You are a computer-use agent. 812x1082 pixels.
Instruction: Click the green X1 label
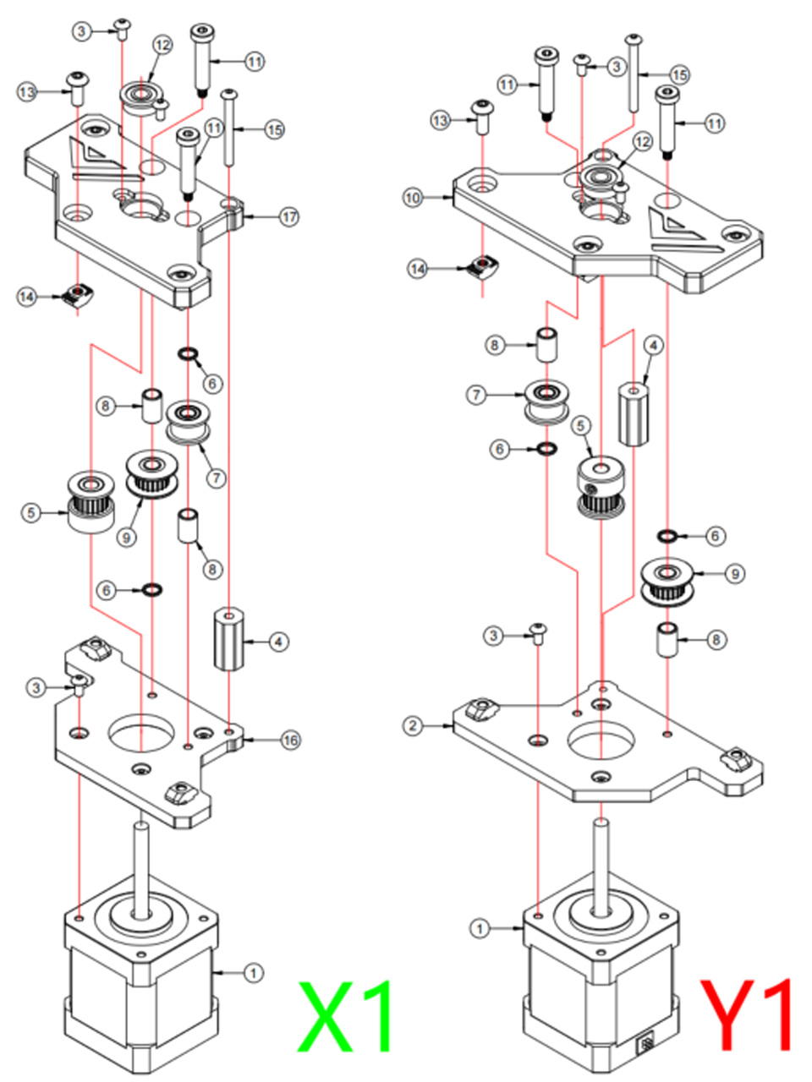coord(345,1016)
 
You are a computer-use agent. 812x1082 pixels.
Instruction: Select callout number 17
coord(289,217)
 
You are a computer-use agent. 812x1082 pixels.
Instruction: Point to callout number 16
coord(290,740)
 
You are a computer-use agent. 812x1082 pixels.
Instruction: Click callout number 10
coord(413,198)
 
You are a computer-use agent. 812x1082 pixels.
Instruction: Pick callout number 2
coord(413,725)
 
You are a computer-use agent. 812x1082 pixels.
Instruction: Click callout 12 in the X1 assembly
coord(162,45)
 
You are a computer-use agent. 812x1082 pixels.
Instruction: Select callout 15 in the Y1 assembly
coord(680,75)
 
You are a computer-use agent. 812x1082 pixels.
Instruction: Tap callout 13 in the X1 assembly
coord(28,91)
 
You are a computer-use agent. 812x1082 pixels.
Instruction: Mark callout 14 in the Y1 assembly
coord(418,269)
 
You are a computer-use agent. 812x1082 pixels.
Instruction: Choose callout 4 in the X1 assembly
coord(279,642)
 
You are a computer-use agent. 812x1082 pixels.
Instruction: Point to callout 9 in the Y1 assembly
coord(735,574)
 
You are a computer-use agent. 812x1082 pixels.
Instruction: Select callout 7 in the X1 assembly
coord(216,478)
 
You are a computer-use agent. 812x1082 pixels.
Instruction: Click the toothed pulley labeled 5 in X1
coord(91,502)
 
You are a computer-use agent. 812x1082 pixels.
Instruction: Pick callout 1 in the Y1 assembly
coord(480,929)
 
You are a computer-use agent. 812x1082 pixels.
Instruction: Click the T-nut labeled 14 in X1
coord(79,294)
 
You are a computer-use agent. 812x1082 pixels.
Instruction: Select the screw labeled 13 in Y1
coord(483,117)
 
